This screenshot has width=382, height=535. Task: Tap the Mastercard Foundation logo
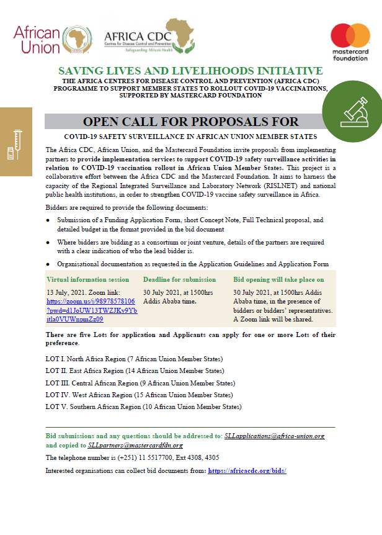point(350,42)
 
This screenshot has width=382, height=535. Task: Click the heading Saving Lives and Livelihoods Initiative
point(190,71)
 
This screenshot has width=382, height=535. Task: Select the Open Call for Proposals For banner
point(190,121)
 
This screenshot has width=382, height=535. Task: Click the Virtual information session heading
point(88,279)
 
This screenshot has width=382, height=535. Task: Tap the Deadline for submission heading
point(179,279)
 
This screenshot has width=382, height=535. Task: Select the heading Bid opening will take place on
point(278,279)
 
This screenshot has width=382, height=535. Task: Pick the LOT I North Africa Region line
point(134,359)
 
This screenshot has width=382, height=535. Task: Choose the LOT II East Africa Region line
point(135,371)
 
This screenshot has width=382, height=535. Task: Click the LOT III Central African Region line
point(140,383)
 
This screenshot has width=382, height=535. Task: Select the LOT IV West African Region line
point(139,395)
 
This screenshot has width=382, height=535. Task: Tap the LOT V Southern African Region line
point(143,407)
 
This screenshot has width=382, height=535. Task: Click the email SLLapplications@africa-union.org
point(274,436)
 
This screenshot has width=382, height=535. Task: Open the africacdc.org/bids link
point(247,471)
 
